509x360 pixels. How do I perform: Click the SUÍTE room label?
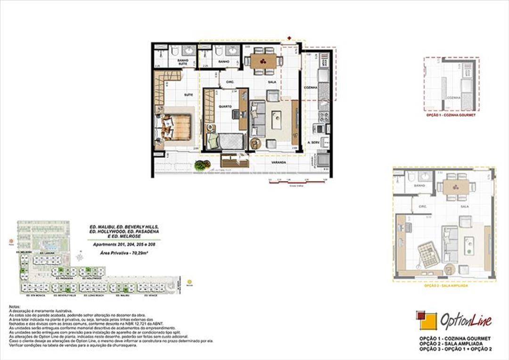(x=188, y=95)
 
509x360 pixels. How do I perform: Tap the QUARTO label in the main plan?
(x=225, y=106)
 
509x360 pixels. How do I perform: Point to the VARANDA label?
(x=279, y=163)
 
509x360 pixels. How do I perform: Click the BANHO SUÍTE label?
(x=182, y=63)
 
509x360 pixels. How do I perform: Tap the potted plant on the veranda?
(x=202, y=165)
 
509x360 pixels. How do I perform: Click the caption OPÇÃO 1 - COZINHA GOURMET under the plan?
(x=450, y=115)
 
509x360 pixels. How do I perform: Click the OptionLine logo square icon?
(x=426, y=320)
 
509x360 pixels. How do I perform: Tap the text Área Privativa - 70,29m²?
(x=124, y=253)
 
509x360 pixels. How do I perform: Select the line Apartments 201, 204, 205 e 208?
(x=124, y=245)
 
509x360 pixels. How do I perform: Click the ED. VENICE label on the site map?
(x=150, y=296)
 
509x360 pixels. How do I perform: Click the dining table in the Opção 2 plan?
(x=456, y=187)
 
